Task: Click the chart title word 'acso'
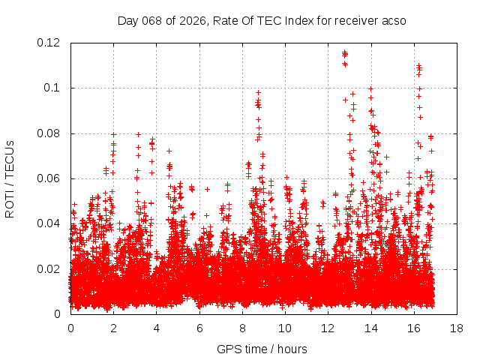(393, 21)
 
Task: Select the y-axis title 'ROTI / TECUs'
(10, 178)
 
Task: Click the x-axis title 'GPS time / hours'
(262, 349)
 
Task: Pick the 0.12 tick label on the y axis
(50, 43)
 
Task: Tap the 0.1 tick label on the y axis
(54, 88)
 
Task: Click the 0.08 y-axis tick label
(50, 133)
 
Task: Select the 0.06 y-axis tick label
(50, 178)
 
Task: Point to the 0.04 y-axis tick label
(50, 223)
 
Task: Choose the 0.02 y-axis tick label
(50, 269)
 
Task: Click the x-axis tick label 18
(456, 328)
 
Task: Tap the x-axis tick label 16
(413, 328)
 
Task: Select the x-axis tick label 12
(328, 328)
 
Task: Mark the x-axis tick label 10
(285, 328)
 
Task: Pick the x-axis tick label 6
(199, 328)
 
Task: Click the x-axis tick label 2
(114, 328)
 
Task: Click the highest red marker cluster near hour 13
(344, 53)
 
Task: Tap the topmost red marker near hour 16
(418, 65)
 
